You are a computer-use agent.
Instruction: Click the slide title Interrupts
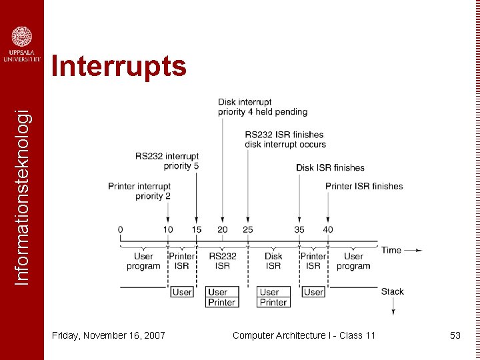tap(119, 67)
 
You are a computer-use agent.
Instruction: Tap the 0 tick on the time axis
tap(121, 230)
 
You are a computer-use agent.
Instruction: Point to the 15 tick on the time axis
tap(196, 230)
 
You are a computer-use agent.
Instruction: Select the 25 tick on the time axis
tap(247, 230)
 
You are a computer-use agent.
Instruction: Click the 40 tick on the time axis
tap(327, 230)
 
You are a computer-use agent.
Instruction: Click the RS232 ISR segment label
tap(223, 261)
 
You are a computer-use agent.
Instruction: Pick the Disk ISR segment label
tap(273, 261)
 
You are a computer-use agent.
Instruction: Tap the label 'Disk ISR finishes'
tap(330, 167)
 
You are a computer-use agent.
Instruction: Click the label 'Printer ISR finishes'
tap(364, 186)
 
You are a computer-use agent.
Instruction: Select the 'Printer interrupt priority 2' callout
tap(139, 191)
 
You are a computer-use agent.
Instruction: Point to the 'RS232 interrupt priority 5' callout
tap(167, 161)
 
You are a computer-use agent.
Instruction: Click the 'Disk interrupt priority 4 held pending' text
tap(263, 107)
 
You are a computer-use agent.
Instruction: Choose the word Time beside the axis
tap(391, 250)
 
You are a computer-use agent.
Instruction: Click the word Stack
tap(392, 291)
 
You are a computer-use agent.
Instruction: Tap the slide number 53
tap(455, 335)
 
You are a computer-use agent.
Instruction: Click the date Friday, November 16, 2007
tap(109, 335)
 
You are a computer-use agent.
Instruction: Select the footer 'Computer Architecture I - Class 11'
tap(304, 335)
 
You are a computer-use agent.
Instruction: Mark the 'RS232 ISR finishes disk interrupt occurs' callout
tap(285, 139)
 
